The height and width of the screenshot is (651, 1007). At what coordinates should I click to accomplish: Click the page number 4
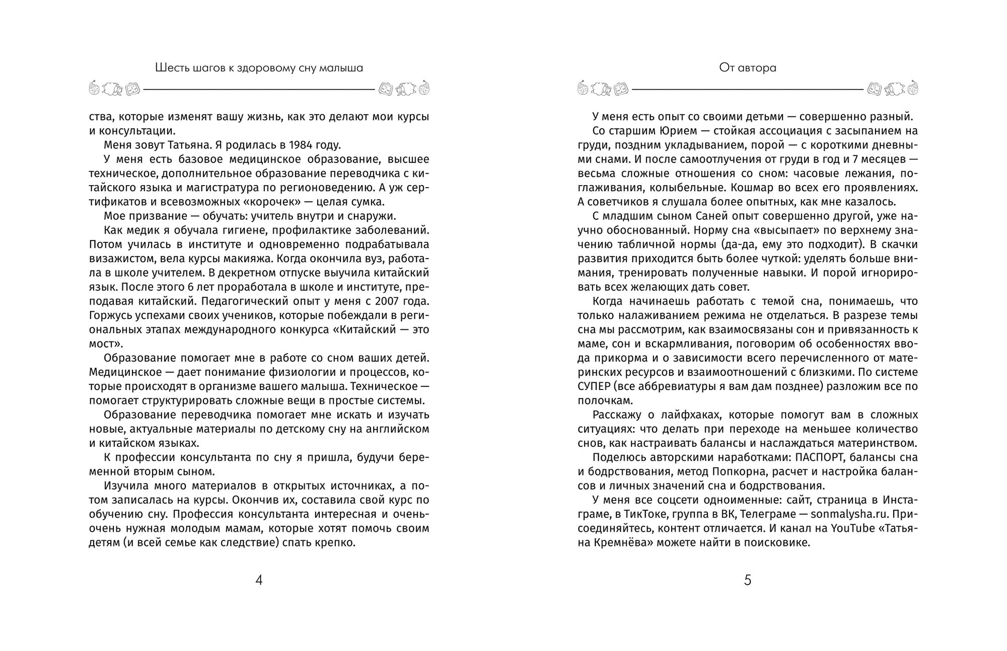[259, 580]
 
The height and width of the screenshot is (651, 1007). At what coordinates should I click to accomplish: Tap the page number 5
[747, 580]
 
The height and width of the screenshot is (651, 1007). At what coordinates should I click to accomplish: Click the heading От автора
[747, 68]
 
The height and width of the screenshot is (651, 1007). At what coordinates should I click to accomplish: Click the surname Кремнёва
[617, 543]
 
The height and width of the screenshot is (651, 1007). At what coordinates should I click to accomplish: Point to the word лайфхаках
[685, 415]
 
